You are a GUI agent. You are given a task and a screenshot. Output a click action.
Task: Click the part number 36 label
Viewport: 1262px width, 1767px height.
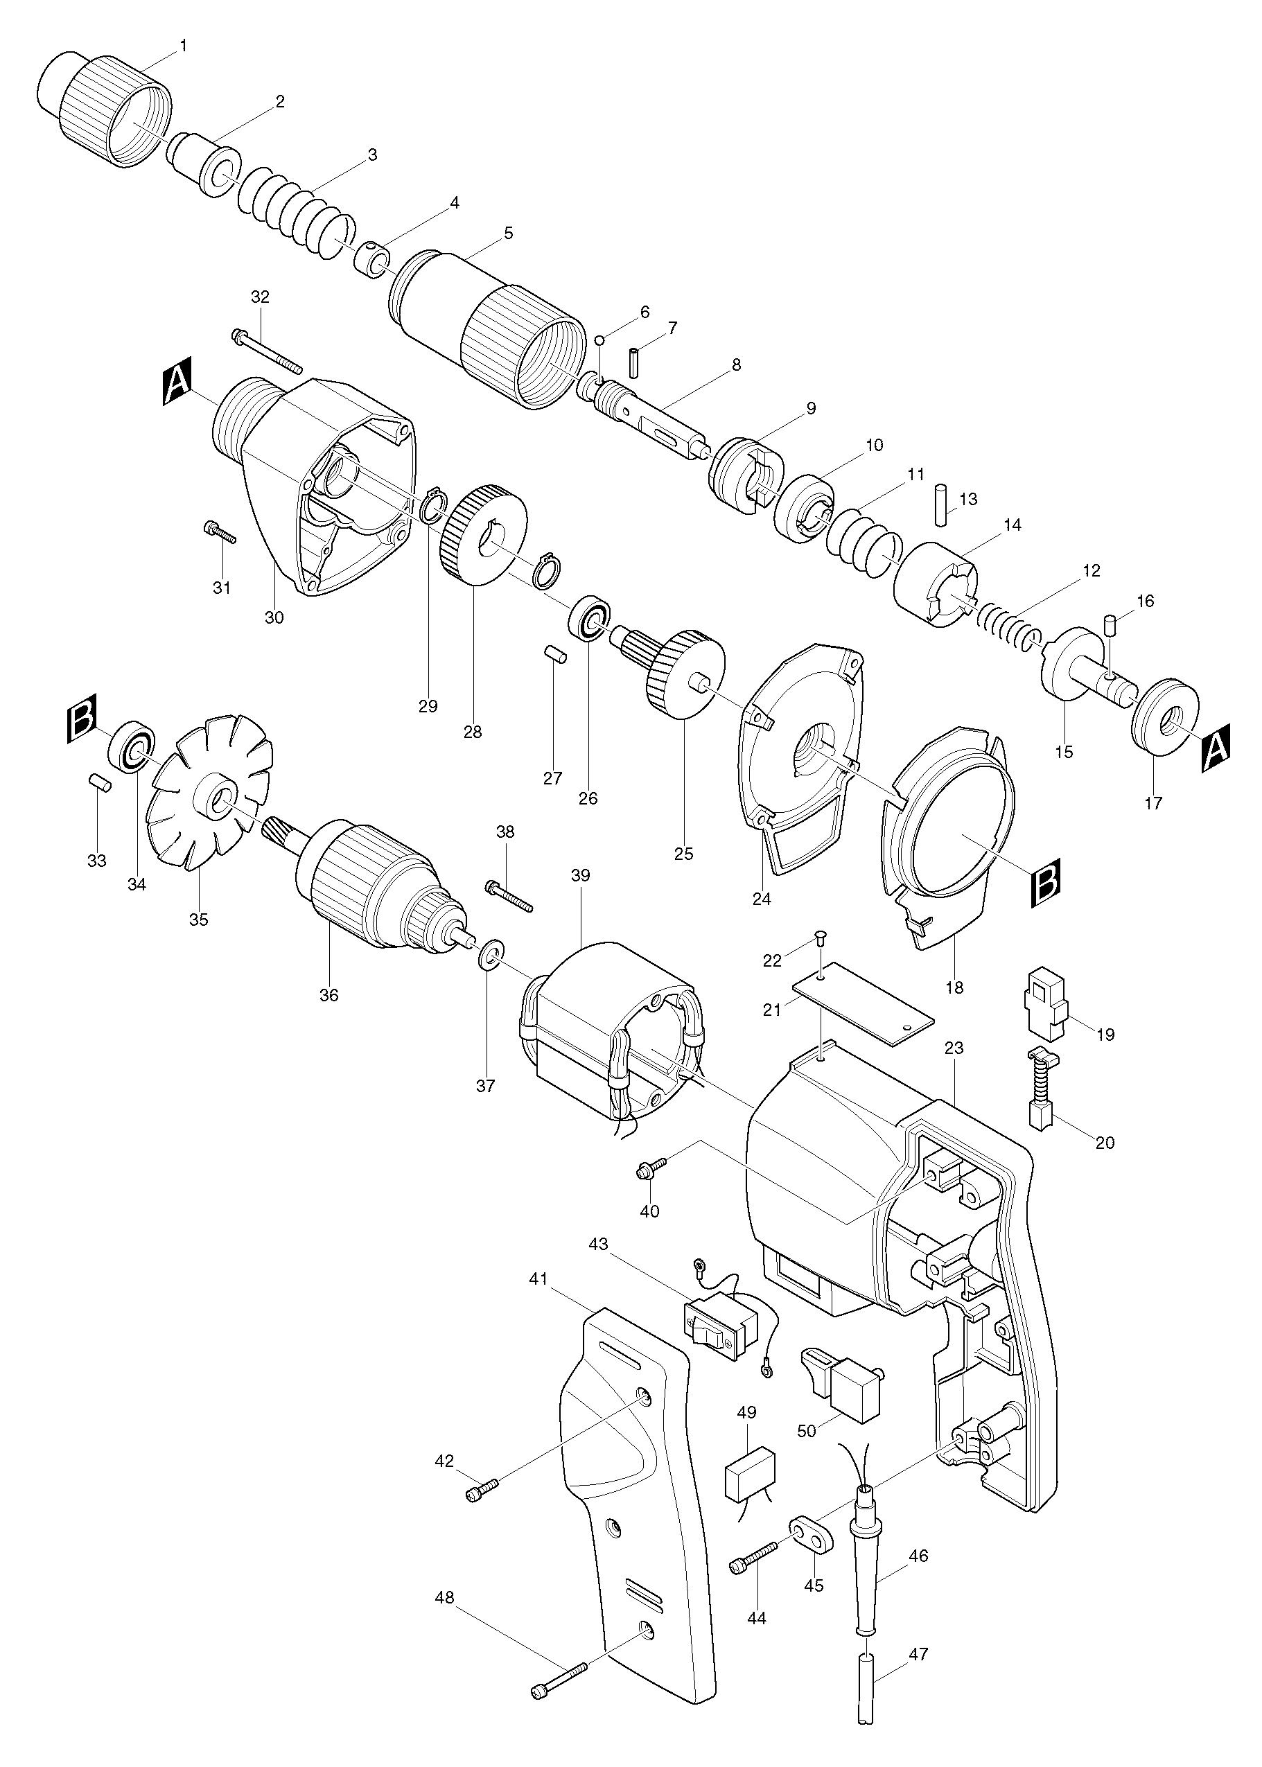328,994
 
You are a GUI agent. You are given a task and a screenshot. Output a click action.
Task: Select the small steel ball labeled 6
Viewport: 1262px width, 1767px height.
600,340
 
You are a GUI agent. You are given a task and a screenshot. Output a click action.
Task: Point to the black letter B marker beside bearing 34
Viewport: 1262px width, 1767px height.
81,715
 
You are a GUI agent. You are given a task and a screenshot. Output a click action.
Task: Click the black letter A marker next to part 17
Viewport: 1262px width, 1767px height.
1216,749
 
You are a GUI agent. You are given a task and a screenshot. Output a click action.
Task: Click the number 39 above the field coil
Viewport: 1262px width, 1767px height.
581,875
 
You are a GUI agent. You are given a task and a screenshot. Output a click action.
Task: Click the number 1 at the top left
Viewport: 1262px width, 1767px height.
184,46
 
